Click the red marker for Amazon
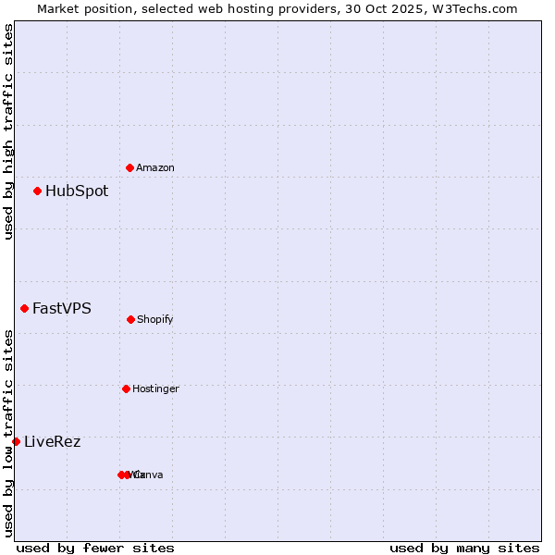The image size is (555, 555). (x=129, y=167)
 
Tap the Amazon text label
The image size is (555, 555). (x=155, y=168)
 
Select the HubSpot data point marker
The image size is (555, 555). (x=37, y=191)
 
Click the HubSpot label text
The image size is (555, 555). (x=77, y=191)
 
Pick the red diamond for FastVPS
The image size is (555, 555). (x=24, y=309)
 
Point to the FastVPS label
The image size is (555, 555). (x=62, y=309)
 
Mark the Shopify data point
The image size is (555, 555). (x=130, y=319)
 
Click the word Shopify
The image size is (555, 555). (x=155, y=320)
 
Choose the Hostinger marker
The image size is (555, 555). (x=126, y=388)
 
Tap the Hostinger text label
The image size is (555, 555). (x=155, y=389)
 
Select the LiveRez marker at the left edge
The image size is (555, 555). (x=16, y=442)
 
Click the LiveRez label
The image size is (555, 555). (x=53, y=442)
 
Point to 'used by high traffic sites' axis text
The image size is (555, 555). (x=8, y=131)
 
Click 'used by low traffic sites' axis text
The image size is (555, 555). (x=8, y=433)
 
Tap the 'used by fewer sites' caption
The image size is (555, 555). (x=95, y=549)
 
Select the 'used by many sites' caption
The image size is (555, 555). (x=464, y=549)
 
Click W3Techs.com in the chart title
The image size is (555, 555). (x=471, y=8)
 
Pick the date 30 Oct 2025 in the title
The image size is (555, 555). (x=380, y=8)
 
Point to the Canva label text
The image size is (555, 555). (x=149, y=475)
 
